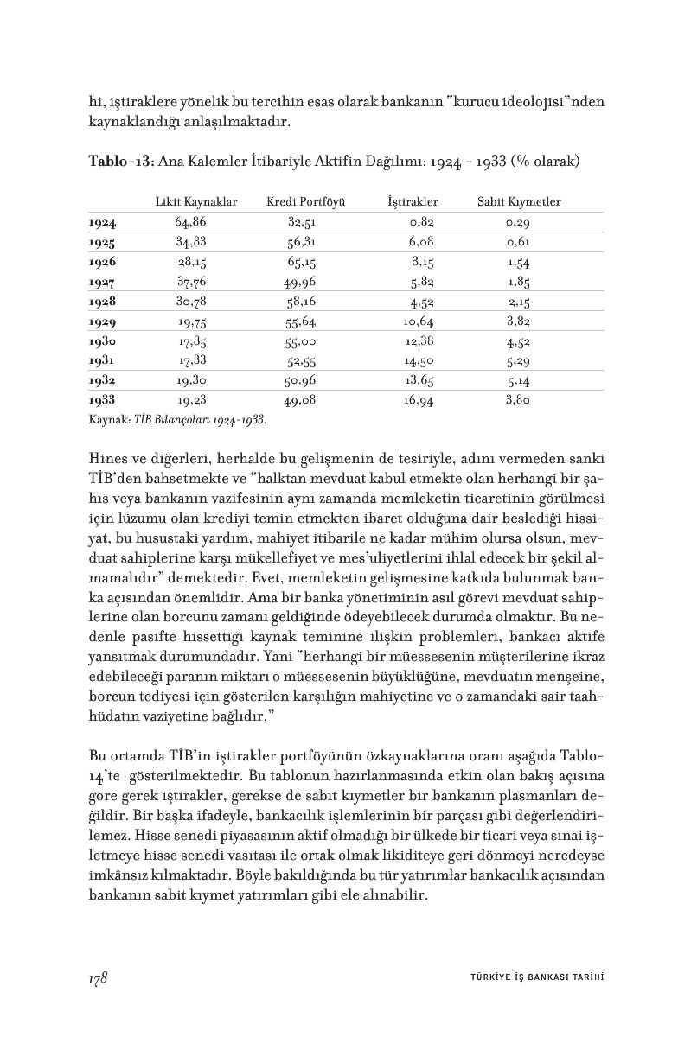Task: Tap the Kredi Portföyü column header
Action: (x=306, y=202)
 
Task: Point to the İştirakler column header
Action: (x=413, y=202)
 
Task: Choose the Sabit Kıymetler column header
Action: (x=519, y=202)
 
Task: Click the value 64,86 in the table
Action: (x=190, y=223)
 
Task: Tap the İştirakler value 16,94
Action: (x=418, y=401)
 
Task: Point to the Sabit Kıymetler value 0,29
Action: (x=519, y=223)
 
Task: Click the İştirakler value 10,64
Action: (x=418, y=321)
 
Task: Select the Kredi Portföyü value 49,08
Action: (x=302, y=401)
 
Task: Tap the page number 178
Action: (x=97, y=977)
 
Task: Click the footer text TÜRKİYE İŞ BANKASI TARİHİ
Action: (x=530, y=978)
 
